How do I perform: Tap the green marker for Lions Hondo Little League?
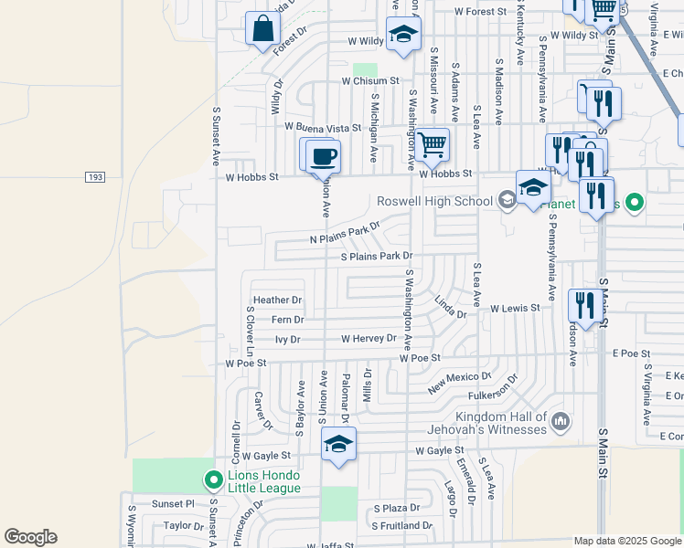[213, 479]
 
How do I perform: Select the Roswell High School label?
[434, 202]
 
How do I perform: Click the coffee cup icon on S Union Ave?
[322, 157]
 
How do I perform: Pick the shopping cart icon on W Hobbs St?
[432, 144]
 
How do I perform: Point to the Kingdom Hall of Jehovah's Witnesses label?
[486, 422]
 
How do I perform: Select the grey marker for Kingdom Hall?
[561, 422]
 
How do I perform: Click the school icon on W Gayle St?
[338, 445]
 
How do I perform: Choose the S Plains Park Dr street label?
[377, 257]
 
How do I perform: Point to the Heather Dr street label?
[277, 300]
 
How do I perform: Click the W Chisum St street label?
[371, 80]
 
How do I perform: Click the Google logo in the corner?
[30, 537]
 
